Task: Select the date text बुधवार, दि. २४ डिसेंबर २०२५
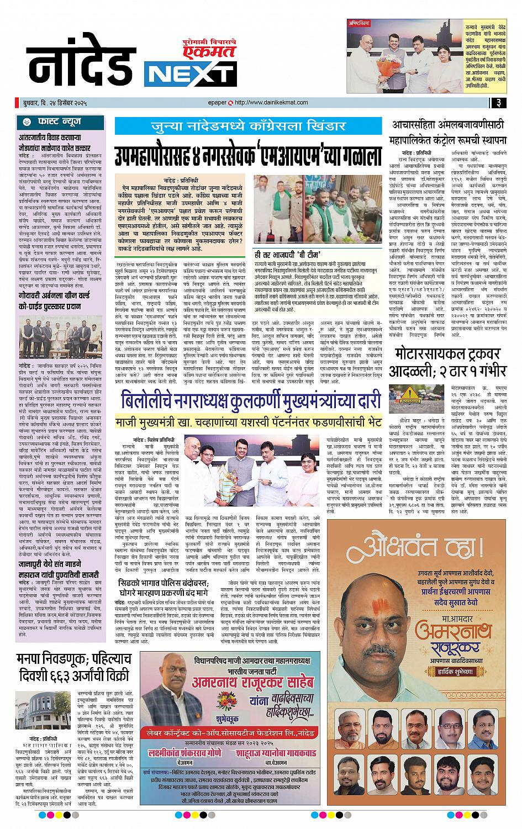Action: coord(52,103)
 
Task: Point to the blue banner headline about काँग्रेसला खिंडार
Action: coord(247,126)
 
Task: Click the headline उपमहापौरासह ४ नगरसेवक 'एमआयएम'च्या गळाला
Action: coord(247,155)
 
